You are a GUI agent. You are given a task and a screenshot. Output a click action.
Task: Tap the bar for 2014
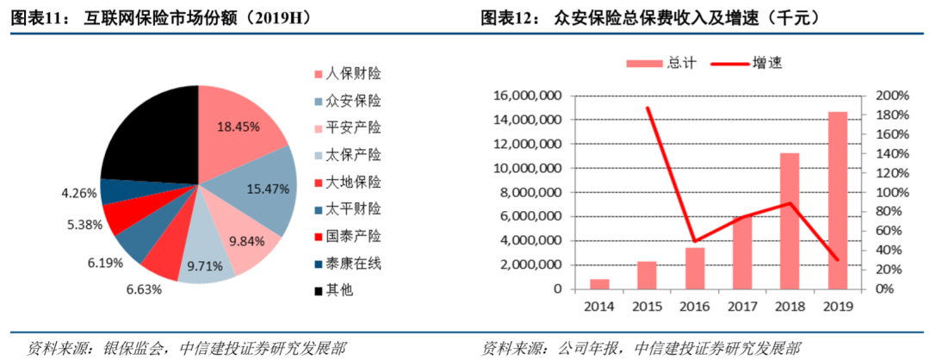[599, 284]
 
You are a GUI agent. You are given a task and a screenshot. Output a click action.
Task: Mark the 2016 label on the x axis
[695, 305]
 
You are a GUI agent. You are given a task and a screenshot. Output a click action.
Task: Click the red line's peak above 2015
[648, 108]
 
